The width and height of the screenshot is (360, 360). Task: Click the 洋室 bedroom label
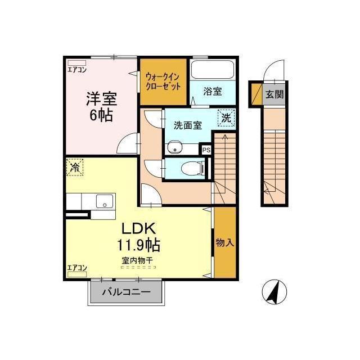(101, 99)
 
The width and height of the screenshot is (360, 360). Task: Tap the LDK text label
(139, 228)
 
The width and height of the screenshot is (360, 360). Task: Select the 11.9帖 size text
(139, 245)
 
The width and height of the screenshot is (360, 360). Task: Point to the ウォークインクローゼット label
(163, 82)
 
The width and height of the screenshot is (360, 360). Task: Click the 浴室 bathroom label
(213, 91)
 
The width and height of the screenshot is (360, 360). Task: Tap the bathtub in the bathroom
(213, 70)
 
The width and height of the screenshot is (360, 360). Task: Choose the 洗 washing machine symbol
(226, 118)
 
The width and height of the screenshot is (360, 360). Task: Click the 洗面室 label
(188, 125)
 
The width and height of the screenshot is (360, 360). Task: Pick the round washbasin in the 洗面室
(174, 147)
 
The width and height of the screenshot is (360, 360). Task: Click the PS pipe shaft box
(206, 150)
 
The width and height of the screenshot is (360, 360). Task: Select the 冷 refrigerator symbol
(75, 167)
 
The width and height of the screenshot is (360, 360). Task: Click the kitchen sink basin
(105, 201)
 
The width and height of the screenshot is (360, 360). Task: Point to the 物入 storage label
(225, 242)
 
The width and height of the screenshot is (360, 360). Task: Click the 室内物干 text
(137, 260)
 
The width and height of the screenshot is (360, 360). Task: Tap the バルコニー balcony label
(126, 292)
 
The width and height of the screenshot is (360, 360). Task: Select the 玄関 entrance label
(274, 94)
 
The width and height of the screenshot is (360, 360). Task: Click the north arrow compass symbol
(274, 292)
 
